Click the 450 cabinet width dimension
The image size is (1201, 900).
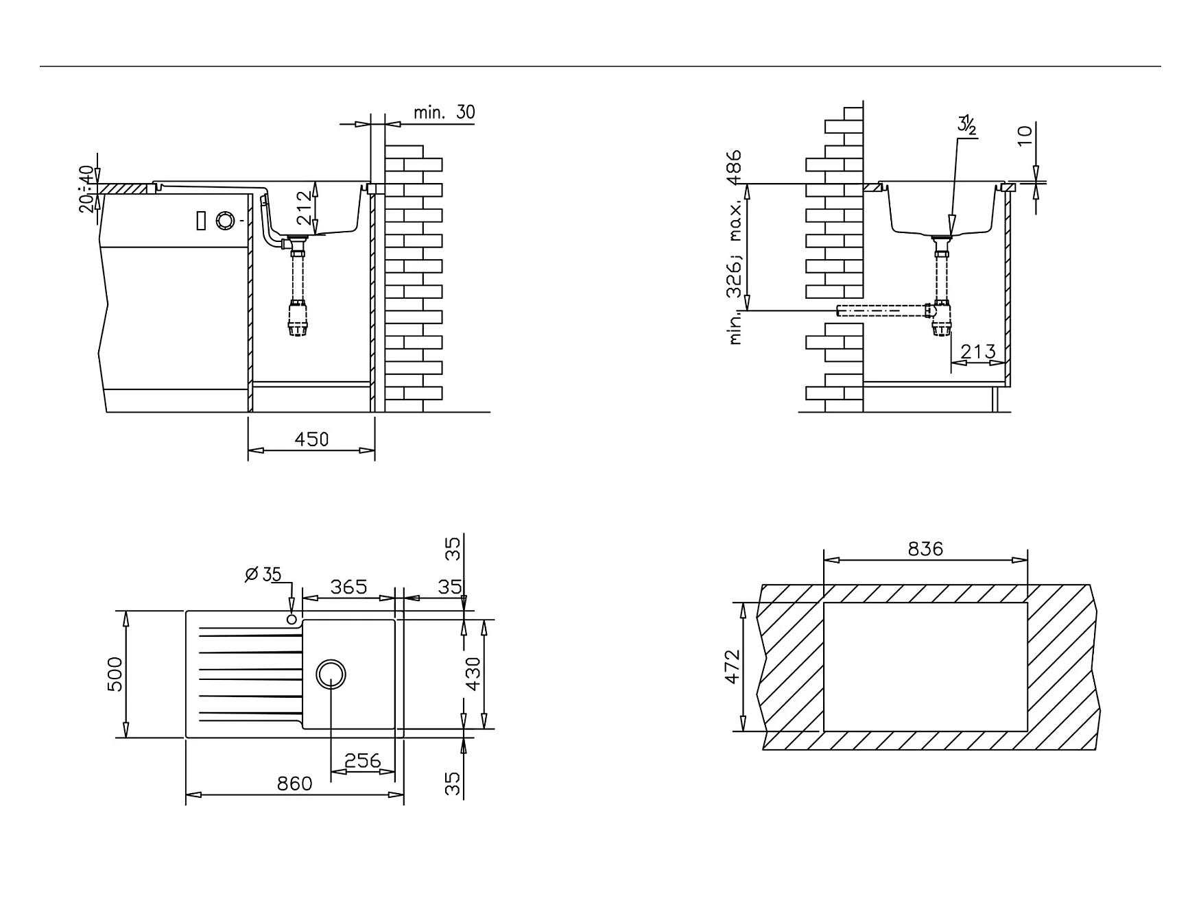(x=311, y=439)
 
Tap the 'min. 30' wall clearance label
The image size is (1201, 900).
(x=444, y=112)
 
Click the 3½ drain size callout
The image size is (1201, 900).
(x=967, y=125)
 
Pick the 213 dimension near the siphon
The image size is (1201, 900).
(x=977, y=352)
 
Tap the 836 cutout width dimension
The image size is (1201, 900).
(x=925, y=548)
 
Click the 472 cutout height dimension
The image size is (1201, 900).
(x=733, y=666)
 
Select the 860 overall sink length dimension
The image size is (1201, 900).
(x=294, y=783)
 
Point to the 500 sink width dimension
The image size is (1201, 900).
(x=115, y=674)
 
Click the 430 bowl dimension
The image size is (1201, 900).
(x=473, y=674)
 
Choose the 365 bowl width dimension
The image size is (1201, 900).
(x=348, y=587)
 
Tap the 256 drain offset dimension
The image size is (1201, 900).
(x=362, y=760)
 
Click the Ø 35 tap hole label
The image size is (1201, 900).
(x=263, y=574)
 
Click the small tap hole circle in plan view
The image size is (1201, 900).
(x=292, y=620)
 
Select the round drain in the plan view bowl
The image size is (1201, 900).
(x=331, y=674)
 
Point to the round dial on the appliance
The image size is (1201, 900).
(x=224, y=221)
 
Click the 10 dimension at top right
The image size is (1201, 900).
(x=1025, y=135)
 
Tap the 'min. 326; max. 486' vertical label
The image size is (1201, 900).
(x=735, y=247)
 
